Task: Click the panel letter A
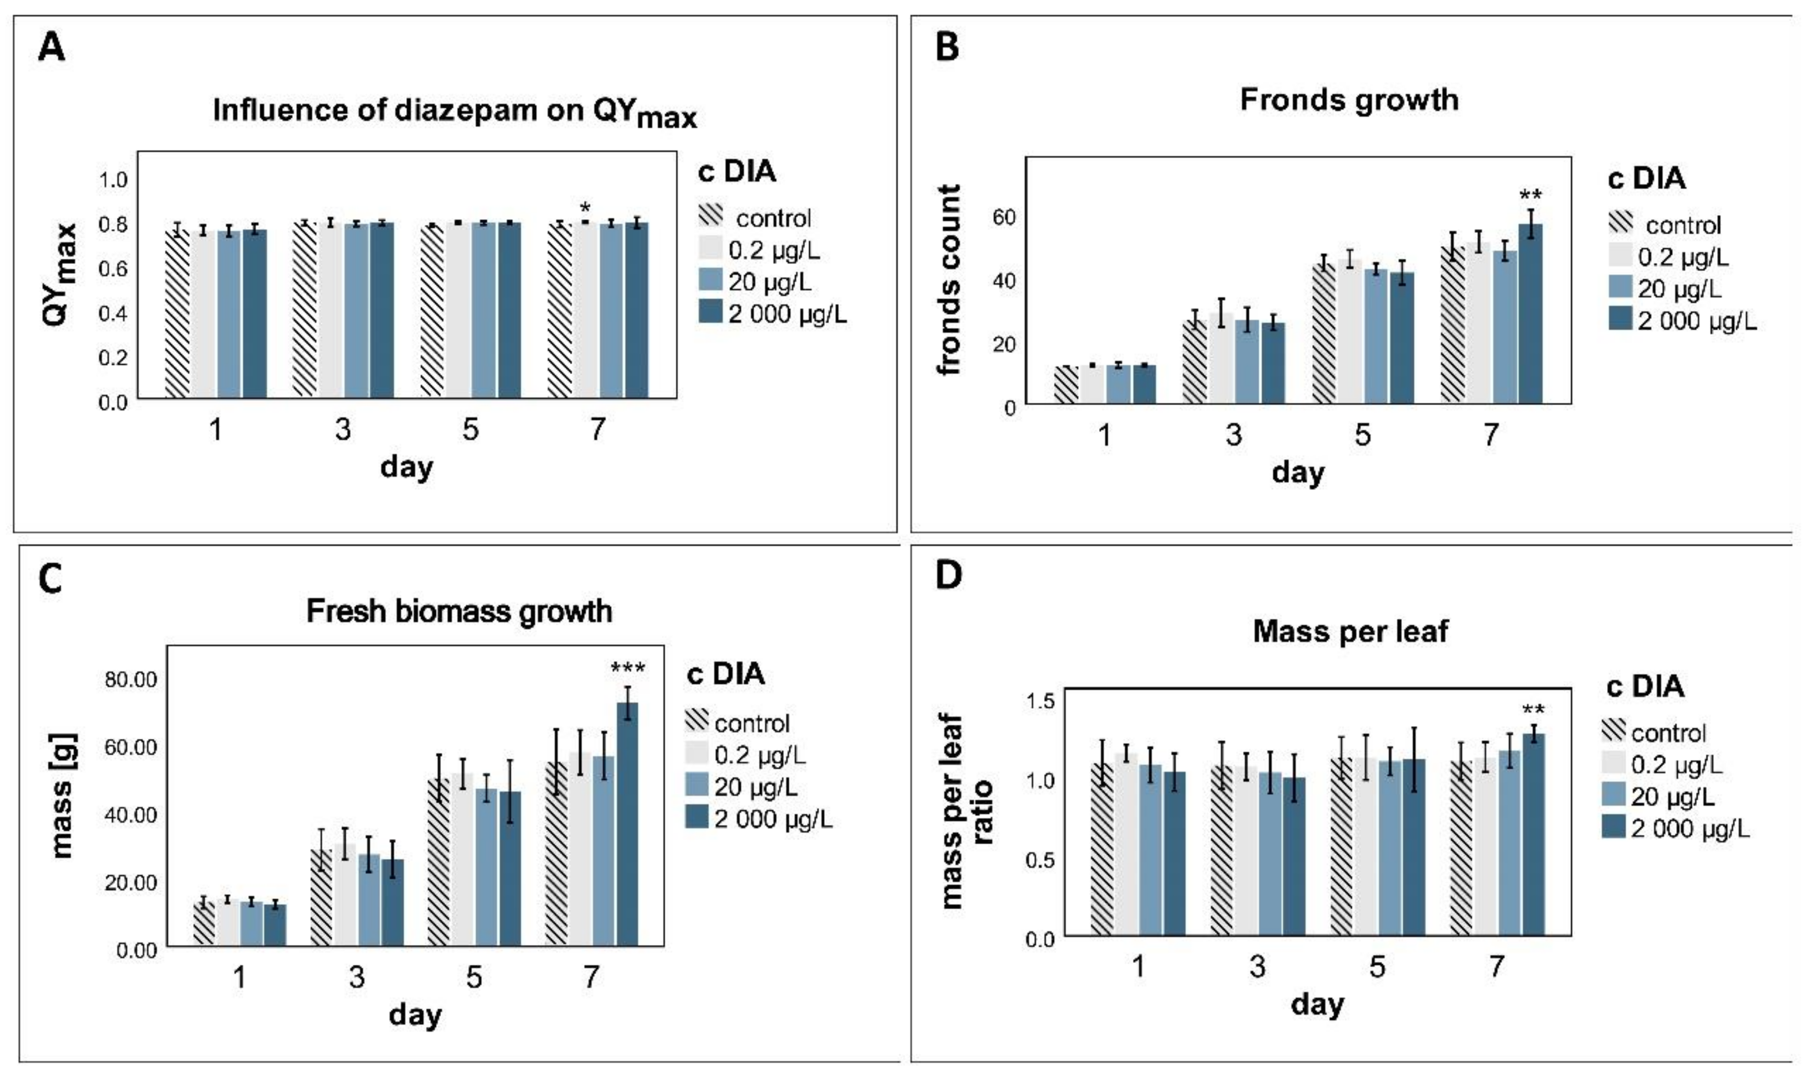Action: pyautogui.click(x=51, y=49)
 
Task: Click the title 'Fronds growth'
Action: pyautogui.click(x=1349, y=99)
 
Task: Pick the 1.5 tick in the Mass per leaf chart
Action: pyautogui.click(x=1040, y=701)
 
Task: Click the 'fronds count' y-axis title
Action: pyautogui.click(x=948, y=280)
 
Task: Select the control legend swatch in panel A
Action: pyautogui.click(x=711, y=216)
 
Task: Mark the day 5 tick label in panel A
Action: pyautogui.click(x=470, y=430)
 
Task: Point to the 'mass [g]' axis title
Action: pyautogui.click(x=64, y=795)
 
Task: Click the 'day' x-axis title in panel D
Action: pyautogui.click(x=1317, y=1005)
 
